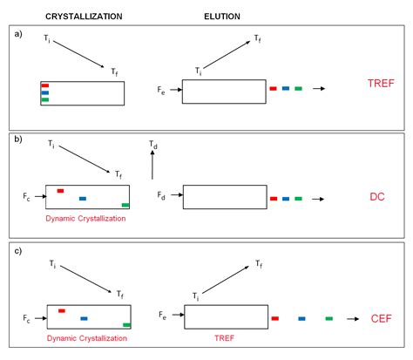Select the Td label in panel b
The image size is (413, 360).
154,143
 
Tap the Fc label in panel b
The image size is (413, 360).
27,199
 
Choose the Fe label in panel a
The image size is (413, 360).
163,88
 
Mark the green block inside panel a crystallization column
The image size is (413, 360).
45,100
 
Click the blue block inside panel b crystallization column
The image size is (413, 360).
83,199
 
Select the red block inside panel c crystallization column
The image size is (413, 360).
62,309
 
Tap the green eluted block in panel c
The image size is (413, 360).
328,319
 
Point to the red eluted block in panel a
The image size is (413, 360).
274,88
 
